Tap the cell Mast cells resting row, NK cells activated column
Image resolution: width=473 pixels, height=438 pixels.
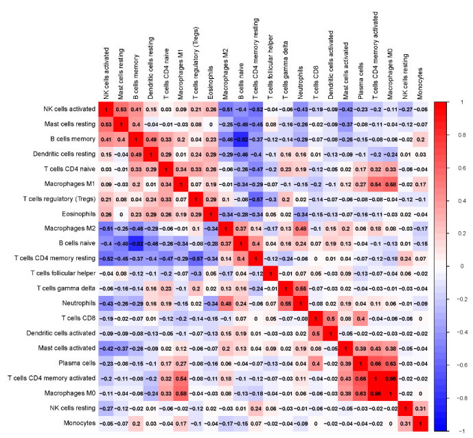[106, 124]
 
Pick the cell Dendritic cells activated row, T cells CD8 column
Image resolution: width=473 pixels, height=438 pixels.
[316, 334]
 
